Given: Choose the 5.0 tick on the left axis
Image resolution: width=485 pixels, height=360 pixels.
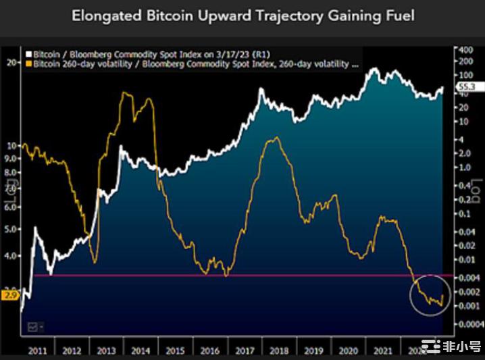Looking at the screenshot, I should point(11,229).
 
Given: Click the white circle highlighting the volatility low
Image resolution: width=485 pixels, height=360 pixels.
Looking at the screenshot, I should point(430,296).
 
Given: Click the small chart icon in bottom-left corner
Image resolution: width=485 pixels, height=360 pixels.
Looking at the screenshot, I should point(31,327).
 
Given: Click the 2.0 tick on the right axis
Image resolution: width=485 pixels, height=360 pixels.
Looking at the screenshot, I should point(465,153).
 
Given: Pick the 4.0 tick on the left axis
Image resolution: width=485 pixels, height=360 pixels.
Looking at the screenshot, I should point(11,256).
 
